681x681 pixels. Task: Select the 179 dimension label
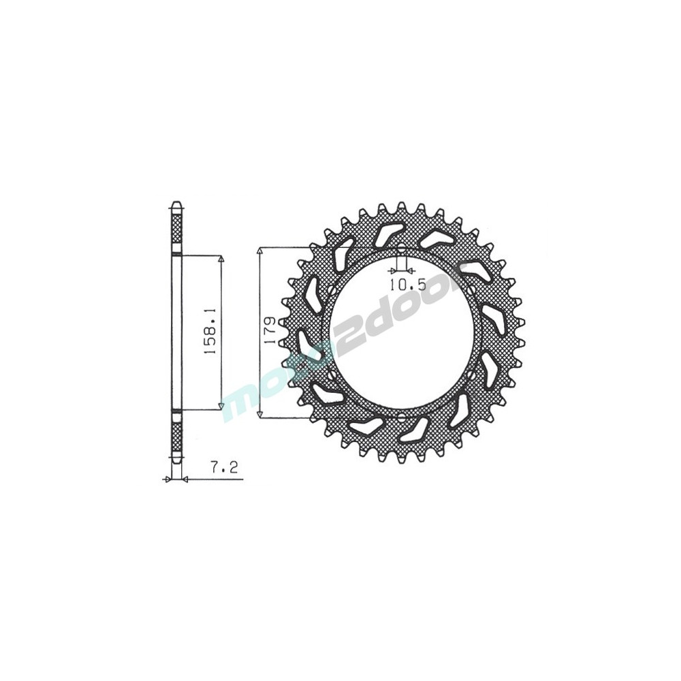[x=270, y=331]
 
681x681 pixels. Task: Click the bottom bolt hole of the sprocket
[x=401, y=419]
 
